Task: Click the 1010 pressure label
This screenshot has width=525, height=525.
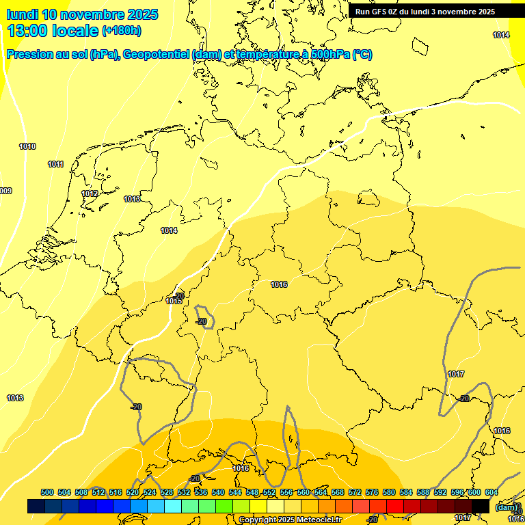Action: pyautogui.click(x=27, y=146)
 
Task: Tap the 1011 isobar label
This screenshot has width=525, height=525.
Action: pyautogui.click(x=56, y=164)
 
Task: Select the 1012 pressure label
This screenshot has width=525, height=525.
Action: pyautogui.click(x=90, y=193)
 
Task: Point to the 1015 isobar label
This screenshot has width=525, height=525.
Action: pyautogui.click(x=174, y=301)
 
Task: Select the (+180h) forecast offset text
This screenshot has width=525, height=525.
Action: pyautogui.click(x=122, y=31)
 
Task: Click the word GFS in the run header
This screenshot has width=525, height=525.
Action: pyautogui.click(x=381, y=12)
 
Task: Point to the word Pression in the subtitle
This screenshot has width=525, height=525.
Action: pyautogui.click(x=32, y=55)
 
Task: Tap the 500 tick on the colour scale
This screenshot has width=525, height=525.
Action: pyautogui.click(x=47, y=492)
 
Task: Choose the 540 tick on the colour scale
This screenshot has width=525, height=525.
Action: pyautogui.click(x=218, y=492)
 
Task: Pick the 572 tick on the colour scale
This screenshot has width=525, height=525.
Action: pyautogui.click(x=355, y=492)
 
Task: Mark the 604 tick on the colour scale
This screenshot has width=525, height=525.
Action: pyautogui.click(x=492, y=492)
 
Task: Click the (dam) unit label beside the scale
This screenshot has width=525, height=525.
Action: pyautogui.click(x=507, y=507)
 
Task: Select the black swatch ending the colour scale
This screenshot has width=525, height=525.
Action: pyautogui.click(x=480, y=506)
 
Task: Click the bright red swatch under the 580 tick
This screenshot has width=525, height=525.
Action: pyautogui.click(x=394, y=506)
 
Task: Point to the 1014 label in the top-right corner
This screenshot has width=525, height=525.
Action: pyautogui.click(x=501, y=35)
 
